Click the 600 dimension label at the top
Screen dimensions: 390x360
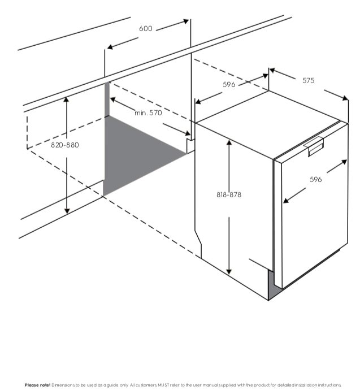pyautogui.click(x=146, y=29)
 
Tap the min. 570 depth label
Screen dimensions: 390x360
pyautogui.click(x=148, y=113)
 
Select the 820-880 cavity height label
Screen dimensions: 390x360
pyautogui.click(x=65, y=145)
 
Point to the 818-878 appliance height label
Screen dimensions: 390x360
pyautogui.click(x=229, y=195)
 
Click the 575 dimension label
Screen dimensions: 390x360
pyautogui.click(x=308, y=81)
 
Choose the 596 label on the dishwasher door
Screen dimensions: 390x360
pyautogui.click(x=316, y=180)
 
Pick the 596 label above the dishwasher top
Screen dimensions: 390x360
pyautogui.click(x=229, y=85)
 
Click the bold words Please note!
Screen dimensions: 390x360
pyautogui.click(x=37, y=385)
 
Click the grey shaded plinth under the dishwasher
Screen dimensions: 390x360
pyautogui.click(x=273, y=292)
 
